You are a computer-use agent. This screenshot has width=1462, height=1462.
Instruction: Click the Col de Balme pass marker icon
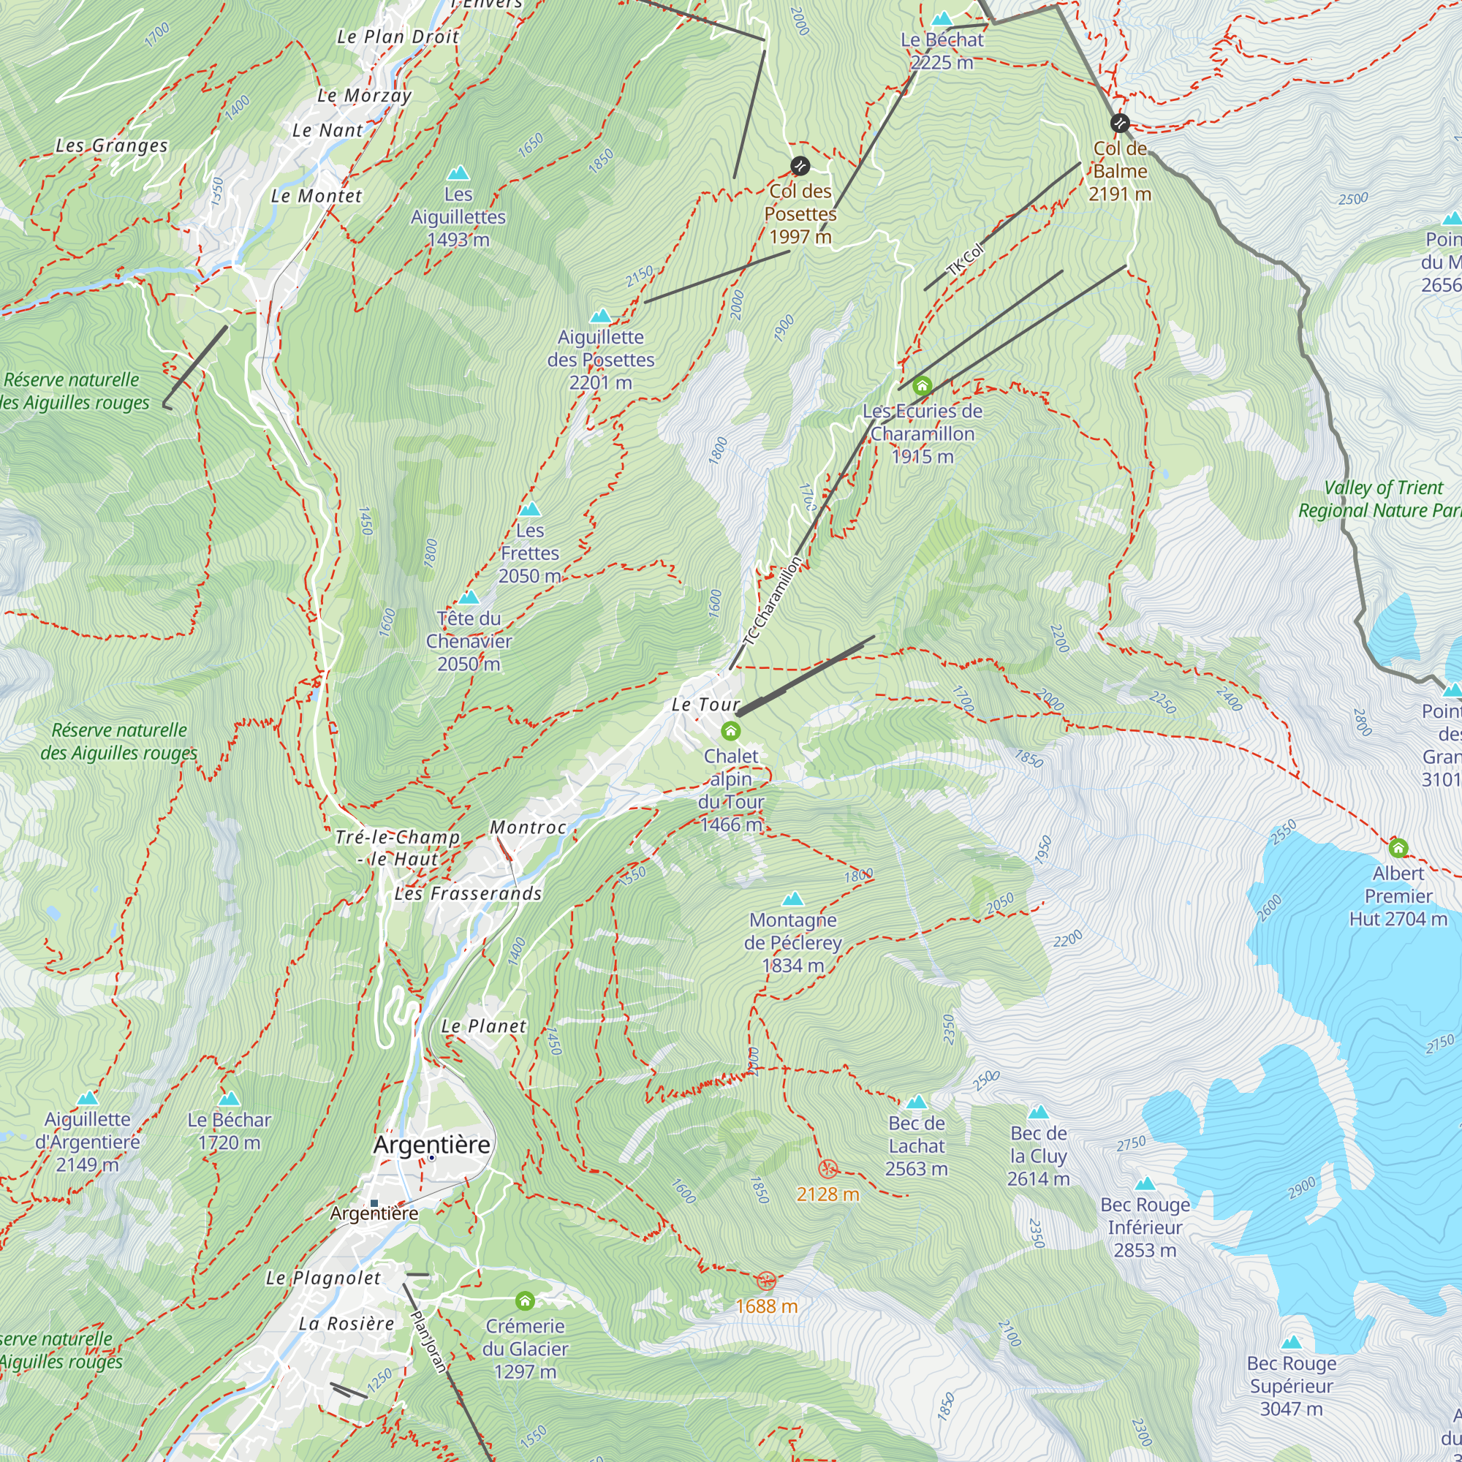pos(1120,123)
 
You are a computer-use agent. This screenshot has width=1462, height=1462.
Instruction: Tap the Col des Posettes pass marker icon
pos(800,166)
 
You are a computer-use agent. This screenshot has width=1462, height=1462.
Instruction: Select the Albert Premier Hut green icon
pos(1398,847)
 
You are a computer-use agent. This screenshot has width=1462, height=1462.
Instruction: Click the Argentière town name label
pos(431,1145)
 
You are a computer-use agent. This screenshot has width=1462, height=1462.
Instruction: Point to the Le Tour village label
pos(705,705)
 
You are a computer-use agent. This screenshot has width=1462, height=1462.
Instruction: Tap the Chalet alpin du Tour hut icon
pos(730,731)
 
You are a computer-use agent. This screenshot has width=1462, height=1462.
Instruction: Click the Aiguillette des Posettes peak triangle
pos(601,316)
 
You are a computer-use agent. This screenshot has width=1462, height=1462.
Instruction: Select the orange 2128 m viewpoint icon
pos(828,1169)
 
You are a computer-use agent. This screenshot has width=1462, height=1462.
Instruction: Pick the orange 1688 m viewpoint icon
pos(767,1281)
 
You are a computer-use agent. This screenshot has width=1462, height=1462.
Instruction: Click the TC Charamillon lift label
pos(773,601)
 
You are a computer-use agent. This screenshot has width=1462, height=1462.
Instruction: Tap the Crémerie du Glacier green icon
pos(525,1301)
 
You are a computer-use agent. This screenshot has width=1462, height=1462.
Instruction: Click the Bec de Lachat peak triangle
pos(917,1102)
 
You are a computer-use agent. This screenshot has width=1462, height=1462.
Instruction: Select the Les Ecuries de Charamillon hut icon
pos(922,387)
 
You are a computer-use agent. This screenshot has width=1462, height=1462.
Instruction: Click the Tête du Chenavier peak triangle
pos(469,597)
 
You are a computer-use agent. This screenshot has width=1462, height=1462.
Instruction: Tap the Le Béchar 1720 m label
pos(230,1131)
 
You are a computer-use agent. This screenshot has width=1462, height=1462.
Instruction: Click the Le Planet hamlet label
pos(483,1026)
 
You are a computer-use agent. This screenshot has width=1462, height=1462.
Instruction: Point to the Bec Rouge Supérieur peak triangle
pos(1292,1341)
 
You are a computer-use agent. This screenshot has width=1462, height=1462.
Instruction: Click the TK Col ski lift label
pos(966,260)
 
